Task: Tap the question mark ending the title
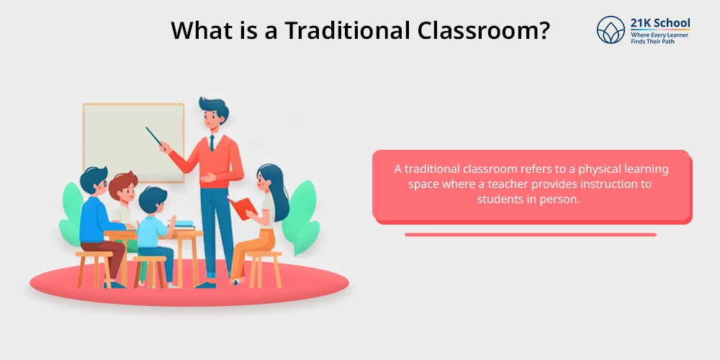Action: coord(543,30)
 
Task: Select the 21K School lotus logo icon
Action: coord(611,30)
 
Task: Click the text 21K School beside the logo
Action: coord(660,24)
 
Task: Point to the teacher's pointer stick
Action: coord(155,137)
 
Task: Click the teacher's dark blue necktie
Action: coord(212,143)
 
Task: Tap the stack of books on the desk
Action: coord(184,225)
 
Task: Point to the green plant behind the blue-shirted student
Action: coord(71,214)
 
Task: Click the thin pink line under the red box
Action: coord(531,235)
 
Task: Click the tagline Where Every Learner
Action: coord(660,35)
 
